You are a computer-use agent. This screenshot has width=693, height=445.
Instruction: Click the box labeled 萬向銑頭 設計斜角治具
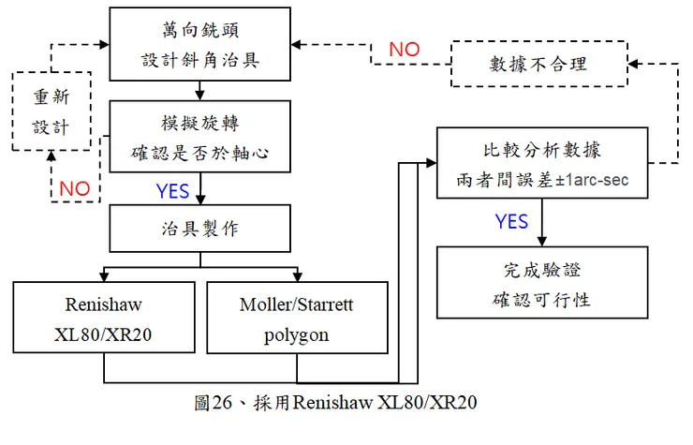pos(199,44)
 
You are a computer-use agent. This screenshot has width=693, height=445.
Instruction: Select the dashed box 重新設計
pos(51,111)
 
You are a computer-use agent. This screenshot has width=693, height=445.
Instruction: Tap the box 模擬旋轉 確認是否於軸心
pos(199,138)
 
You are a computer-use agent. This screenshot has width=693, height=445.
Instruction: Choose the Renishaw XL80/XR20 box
pos(103,319)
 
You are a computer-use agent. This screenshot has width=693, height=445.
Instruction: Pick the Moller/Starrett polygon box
pos(297,319)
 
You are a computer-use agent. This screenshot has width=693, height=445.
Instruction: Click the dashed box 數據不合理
pos(540,64)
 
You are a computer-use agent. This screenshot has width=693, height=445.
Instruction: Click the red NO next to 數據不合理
pos(404,50)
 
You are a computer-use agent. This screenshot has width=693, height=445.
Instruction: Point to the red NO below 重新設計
pos(74,188)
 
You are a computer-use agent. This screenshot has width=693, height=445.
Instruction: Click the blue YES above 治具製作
pos(172,191)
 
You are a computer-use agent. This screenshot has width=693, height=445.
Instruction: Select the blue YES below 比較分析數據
pos(511,222)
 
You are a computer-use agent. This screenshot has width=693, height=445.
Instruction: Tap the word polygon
pos(297,334)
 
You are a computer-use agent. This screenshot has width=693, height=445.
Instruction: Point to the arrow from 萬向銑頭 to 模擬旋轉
pos(199,91)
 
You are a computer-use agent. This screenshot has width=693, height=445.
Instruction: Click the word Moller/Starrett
pos(297,304)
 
